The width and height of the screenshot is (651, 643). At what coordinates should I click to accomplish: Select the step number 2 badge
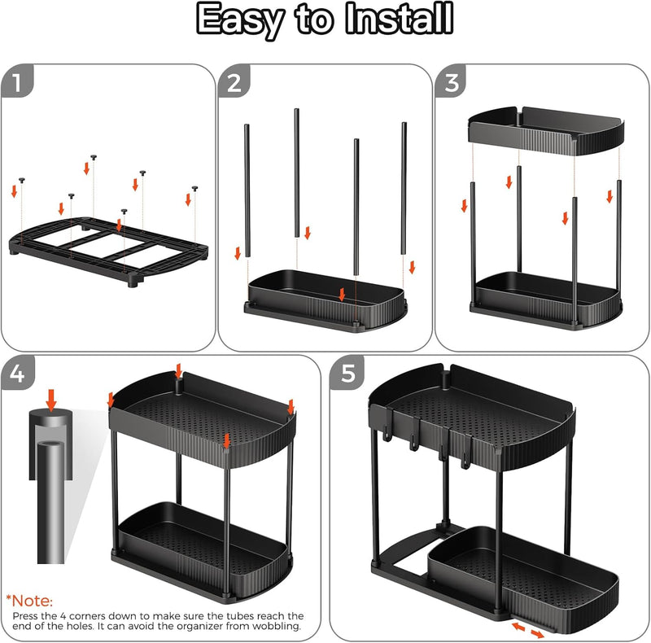point(235,82)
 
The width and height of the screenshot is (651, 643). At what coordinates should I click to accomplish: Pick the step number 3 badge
point(452,82)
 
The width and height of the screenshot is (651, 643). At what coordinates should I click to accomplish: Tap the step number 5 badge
point(348,374)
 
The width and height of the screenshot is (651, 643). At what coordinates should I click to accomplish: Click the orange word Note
point(33,601)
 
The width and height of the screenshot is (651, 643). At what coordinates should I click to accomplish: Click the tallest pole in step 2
point(297,171)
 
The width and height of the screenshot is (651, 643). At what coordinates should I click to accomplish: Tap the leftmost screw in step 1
point(23,178)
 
